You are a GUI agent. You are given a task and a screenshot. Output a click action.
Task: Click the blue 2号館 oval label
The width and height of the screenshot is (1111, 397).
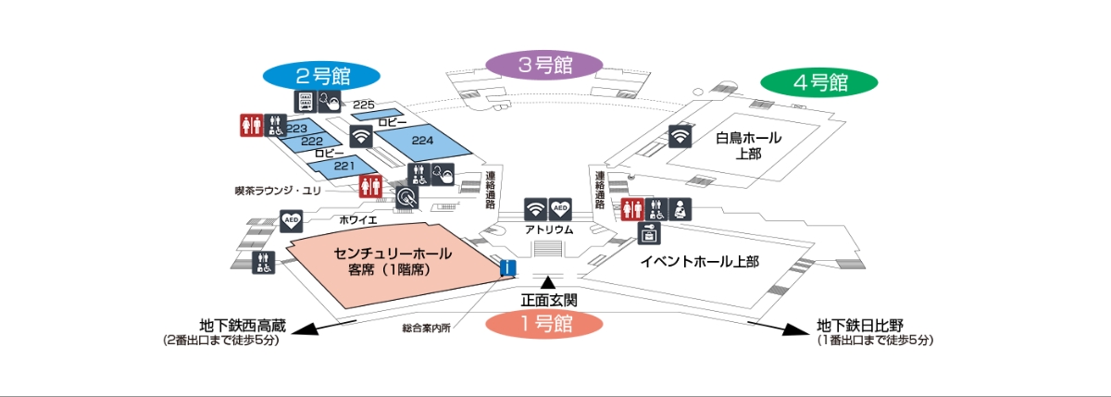click(x=321, y=76)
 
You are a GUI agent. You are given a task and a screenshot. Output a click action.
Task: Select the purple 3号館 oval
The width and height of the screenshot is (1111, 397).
click(x=544, y=65)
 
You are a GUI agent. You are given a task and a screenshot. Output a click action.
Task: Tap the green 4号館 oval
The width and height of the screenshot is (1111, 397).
click(x=819, y=82)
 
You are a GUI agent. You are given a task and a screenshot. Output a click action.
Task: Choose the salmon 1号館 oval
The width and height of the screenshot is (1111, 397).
click(x=544, y=324)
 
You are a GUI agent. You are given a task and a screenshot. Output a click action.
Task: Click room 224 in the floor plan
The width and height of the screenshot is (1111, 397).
click(x=422, y=142)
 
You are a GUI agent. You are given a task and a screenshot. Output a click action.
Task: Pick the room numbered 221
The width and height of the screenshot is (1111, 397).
click(x=343, y=167)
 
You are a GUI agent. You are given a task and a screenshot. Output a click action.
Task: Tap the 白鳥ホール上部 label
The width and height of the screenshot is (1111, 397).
click(x=748, y=145)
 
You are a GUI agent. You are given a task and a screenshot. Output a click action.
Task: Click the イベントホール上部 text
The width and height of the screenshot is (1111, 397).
click(x=699, y=261)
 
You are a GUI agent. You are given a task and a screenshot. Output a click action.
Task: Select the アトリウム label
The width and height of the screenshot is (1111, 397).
click(x=549, y=230)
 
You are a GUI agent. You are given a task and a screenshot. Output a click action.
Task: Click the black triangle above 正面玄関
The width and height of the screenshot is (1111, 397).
click(x=547, y=282)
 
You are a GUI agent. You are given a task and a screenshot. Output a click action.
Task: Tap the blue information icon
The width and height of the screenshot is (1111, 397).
click(x=508, y=267)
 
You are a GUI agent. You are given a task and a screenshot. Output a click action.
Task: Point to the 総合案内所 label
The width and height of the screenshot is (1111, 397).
click(x=426, y=329)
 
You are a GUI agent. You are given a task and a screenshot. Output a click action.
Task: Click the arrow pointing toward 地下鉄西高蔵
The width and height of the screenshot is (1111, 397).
click(x=323, y=327)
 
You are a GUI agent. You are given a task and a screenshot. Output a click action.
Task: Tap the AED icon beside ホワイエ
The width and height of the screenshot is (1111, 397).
click(x=291, y=220)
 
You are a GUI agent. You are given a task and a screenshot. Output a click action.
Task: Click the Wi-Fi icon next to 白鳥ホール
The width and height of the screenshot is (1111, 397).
click(x=680, y=136)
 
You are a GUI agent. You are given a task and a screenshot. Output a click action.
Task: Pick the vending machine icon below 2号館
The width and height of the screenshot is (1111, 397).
click(x=305, y=102)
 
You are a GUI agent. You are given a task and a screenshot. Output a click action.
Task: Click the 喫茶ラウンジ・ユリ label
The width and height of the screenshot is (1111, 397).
click(x=278, y=191)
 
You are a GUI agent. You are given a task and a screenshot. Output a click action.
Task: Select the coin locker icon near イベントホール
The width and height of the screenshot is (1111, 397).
click(x=649, y=233)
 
